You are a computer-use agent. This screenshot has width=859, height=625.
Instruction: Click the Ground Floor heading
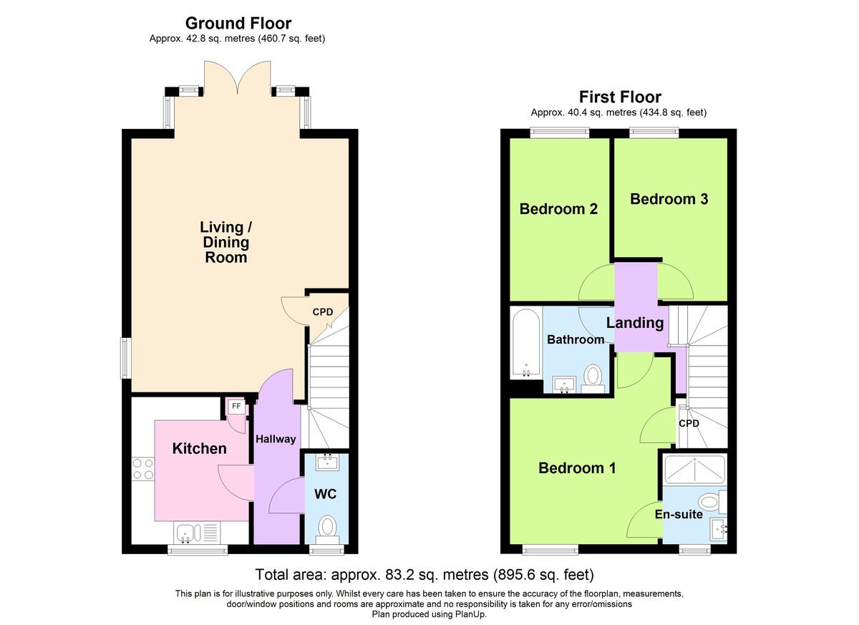pos(238,24)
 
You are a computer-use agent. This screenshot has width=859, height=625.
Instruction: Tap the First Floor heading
pos(620,97)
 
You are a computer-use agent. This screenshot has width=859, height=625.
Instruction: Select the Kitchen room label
pos(200,449)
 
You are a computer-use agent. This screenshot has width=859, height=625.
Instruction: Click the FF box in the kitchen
pos(236,407)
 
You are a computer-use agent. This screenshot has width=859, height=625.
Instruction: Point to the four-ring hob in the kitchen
pos(143,470)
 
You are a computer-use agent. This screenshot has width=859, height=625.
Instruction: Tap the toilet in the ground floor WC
pos(327,529)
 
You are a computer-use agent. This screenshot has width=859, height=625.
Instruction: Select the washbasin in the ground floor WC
pos(327,462)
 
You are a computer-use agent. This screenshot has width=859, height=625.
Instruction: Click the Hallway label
pos(276,440)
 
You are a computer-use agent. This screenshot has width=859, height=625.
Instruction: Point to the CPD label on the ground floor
pos(323,312)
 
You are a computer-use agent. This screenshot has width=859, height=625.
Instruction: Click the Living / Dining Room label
pos(226,242)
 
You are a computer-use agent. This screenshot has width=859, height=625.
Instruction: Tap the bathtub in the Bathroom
pos(526,344)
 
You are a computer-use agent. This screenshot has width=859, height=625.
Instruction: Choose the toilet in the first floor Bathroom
pos(593,379)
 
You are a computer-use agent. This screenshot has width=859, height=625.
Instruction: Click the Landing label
pos(635,323)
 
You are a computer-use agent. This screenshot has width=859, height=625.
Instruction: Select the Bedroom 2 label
pos(558,209)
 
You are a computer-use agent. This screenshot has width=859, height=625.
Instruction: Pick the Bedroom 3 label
pos(669,199)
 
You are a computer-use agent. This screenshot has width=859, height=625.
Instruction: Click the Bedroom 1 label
pos(577,467)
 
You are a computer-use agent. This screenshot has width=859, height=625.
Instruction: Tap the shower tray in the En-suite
pos(695,470)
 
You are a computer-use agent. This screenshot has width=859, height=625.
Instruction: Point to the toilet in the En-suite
pos(712,502)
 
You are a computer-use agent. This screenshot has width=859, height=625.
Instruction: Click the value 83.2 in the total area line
pos(389,575)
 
